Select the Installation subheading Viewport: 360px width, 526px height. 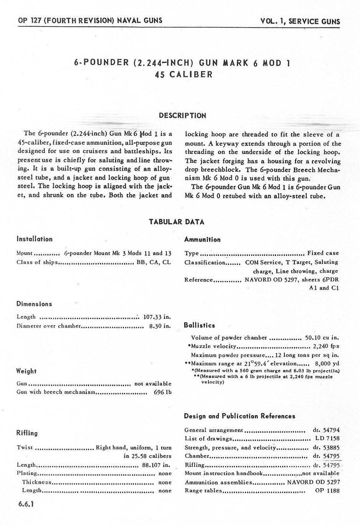click(x=35, y=239)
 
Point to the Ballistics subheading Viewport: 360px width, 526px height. click(x=200, y=325)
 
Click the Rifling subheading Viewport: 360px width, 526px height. click(x=27, y=433)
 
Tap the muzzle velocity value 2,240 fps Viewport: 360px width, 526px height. click(x=327, y=346)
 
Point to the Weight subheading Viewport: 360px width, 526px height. click(x=26, y=371)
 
